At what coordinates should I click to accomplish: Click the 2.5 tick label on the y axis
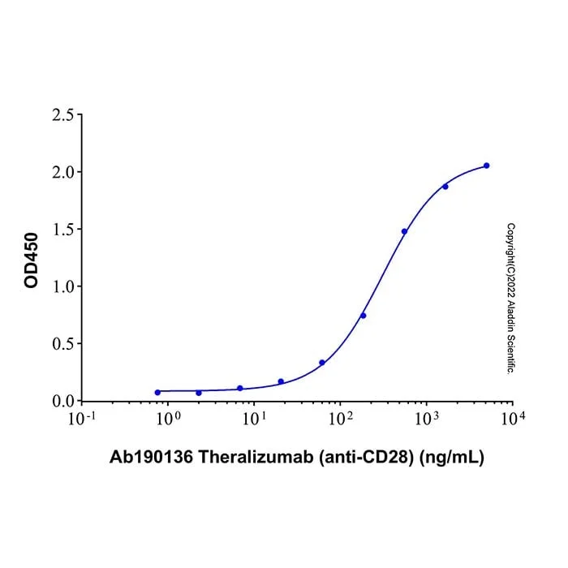62,115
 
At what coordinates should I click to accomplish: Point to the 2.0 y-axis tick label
62,172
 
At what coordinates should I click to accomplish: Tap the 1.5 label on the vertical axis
62,230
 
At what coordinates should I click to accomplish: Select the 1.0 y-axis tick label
62,287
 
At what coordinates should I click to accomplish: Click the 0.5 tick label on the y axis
62,344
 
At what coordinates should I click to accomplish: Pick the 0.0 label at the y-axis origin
62,401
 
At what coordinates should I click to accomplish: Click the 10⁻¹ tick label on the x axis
82,419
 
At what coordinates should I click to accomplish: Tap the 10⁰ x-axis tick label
168,419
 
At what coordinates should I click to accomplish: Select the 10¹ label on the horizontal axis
254,419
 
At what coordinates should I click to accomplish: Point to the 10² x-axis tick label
340,419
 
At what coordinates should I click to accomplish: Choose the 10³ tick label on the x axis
426,419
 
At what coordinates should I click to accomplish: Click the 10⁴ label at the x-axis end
513,419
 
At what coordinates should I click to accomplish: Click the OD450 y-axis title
31,260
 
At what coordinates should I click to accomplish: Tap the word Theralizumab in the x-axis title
256,457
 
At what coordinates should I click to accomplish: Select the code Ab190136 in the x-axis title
152,457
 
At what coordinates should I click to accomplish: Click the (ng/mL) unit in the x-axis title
451,458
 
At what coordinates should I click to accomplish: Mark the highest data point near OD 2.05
487,166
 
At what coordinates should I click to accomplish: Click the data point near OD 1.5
404,231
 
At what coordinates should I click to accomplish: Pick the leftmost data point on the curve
157,392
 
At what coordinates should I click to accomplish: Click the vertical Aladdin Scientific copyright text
510,299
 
